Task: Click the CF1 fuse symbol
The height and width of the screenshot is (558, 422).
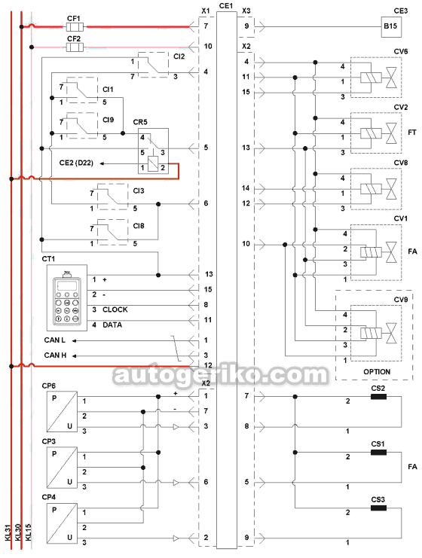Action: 75,26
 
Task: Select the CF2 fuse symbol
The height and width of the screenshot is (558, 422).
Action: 75,47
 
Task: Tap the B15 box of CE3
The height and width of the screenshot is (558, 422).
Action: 391,26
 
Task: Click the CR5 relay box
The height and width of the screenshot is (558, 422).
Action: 153,151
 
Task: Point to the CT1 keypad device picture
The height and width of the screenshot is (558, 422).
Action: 67,298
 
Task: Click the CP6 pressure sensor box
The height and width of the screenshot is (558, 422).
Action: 62,412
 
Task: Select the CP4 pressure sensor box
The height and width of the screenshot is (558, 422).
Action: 62,523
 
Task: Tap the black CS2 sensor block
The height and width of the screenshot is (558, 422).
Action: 378,396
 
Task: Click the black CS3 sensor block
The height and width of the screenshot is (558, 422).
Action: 378,508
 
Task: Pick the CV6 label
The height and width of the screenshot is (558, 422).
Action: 401,52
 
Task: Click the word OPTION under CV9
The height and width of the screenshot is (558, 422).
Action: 377,372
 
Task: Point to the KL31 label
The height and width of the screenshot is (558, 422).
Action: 8,532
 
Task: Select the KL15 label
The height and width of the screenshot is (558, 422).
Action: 29,532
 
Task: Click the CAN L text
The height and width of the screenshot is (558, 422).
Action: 55,340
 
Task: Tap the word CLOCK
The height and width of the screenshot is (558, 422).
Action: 115,309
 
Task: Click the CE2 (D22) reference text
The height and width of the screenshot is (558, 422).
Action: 76,163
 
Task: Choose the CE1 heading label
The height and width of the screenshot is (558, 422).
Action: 226,6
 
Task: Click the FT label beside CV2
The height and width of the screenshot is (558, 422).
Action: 412,133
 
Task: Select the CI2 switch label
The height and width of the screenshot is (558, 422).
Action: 179,56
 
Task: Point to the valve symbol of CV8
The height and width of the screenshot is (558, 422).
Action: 391,188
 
